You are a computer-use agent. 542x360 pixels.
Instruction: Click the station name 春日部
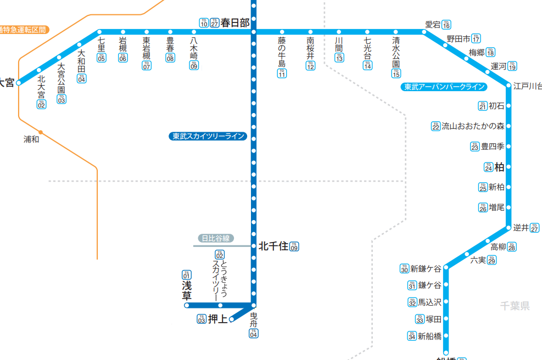coord(235,22)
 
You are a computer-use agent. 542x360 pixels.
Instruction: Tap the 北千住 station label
coord(273,246)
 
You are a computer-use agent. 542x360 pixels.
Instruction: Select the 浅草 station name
coord(187,291)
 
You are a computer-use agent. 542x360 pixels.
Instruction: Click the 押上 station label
coord(217,319)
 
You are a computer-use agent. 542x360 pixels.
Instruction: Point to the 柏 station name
coord(499,167)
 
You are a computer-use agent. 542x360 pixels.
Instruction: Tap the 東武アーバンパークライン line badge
coord(444,87)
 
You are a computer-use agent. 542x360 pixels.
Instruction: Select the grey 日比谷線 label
coord(216,238)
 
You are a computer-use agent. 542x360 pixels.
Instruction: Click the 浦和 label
coord(31,139)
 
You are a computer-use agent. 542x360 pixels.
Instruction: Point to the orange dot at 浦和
coord(41,132)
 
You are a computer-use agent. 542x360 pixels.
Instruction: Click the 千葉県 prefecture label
coord(515,306)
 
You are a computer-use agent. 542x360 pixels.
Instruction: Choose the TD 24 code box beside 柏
coord(488,167)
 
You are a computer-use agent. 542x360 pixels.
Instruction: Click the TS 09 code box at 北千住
coord(294,246)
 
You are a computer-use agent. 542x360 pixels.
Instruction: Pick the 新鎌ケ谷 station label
coord(426,268)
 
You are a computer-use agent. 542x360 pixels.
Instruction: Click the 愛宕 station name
coord(433,25)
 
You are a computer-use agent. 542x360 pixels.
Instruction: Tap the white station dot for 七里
coord(99,32)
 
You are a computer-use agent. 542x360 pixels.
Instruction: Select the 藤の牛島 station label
coord(282,51)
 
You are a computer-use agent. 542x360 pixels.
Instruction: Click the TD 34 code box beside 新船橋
coord(411,336)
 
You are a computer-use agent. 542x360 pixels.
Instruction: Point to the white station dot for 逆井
coord(509,228)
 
